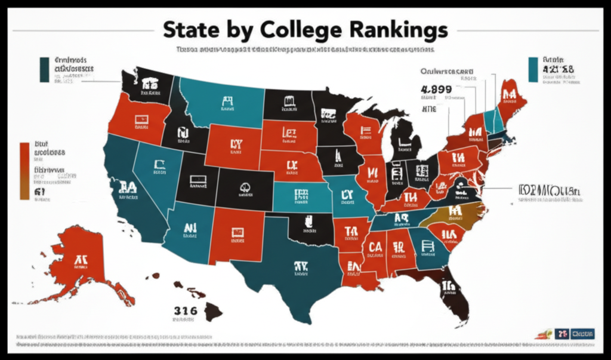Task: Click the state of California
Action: (128, 191)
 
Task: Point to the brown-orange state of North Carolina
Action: (456, 212)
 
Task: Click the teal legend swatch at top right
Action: (533, 69)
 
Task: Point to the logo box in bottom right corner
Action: (582, 334)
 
